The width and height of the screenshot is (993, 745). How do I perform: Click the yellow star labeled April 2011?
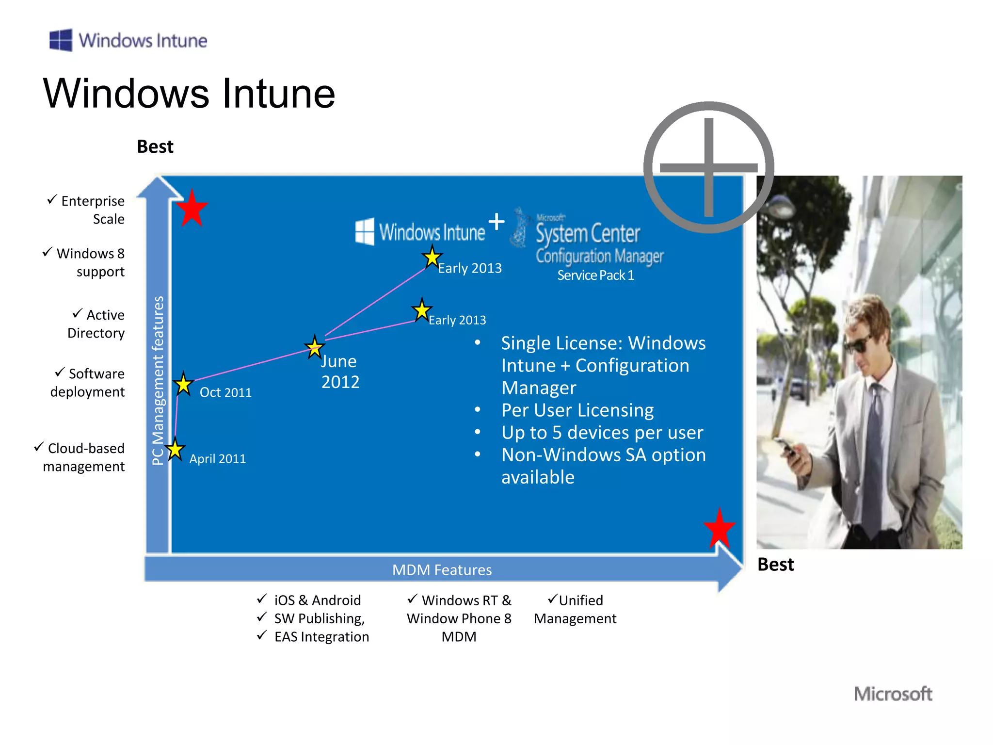click(175, 450)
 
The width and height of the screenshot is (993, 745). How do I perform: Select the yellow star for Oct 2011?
click(183, 385)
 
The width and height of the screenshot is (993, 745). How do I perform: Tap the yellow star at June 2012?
click(315, 347)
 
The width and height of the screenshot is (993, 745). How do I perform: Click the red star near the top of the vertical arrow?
click(192, 209)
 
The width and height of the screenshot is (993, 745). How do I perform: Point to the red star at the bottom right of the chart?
click(720, 529)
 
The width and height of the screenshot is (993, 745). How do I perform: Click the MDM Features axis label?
click(442, 570)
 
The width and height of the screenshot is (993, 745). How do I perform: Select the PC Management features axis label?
click(158, 380)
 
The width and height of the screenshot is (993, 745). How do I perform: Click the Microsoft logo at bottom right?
click(893, 694)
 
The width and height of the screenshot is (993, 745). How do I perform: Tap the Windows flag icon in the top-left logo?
click(61, 40)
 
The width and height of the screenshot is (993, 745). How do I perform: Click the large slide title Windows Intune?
click(189, 94)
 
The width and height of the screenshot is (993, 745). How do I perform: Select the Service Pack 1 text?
click(595, 275)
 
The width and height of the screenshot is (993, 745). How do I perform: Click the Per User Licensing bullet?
click(577, 410)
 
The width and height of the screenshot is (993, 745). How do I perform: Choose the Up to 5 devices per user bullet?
click(602, 433)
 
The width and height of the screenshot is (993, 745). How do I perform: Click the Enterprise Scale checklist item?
click(92, 210)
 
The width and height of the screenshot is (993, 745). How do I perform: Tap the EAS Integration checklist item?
click(321, 637)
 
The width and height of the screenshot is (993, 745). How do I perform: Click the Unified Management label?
click(575, 610)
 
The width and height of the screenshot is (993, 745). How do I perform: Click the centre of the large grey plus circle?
click(708, 167)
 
